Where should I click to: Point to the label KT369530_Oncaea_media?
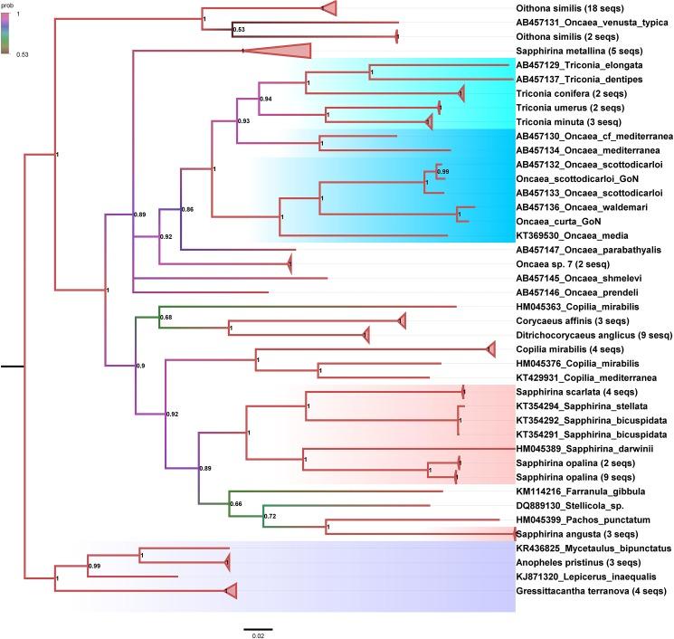pyautogui.click(x=569, y=234)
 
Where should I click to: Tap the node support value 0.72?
pyautogui.click(x=270, y=516)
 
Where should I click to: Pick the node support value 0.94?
pyautogui.click(x=266, y=98)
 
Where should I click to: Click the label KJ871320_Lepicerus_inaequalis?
pyautogui.click(x=579, y=576)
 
